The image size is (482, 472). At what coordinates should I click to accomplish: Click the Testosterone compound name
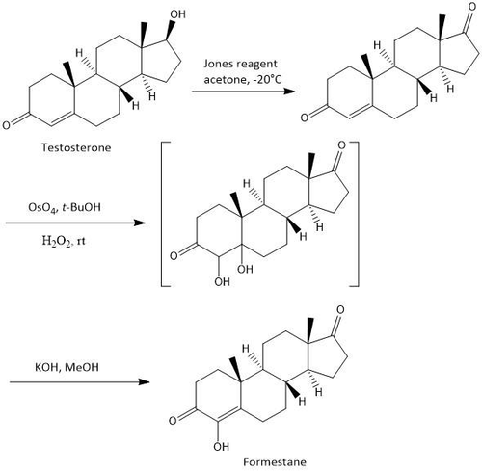(76, 147)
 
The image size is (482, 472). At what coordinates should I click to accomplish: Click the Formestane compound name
(275, 462)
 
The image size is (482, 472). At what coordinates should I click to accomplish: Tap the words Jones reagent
(240, 64)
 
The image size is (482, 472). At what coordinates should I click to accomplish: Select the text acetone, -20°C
(243, 79)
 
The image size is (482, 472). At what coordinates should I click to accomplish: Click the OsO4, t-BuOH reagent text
(65, 207)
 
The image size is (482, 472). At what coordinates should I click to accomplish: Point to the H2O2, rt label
(64, 240)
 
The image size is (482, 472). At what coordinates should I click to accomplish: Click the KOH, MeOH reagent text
(67, 367)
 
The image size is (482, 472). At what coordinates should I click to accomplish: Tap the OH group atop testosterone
(177, 14)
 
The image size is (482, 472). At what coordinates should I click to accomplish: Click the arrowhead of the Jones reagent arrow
(289, 92)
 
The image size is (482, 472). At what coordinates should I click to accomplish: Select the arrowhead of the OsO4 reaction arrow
(140, 223)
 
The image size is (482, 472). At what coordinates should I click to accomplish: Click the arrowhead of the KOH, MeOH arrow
(144, 382)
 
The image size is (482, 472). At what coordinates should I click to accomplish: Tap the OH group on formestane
(222, 446)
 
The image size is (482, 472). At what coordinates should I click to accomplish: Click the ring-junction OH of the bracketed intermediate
(245, 269)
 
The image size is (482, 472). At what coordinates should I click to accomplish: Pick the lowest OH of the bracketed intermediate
(223, 282)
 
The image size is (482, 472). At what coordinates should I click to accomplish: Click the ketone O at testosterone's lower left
(7, 125)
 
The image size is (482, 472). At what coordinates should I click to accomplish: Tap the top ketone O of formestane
(340, 310)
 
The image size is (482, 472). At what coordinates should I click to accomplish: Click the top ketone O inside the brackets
(341, 145)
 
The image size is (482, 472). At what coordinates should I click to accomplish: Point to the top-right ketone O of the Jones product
(471, 7)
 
